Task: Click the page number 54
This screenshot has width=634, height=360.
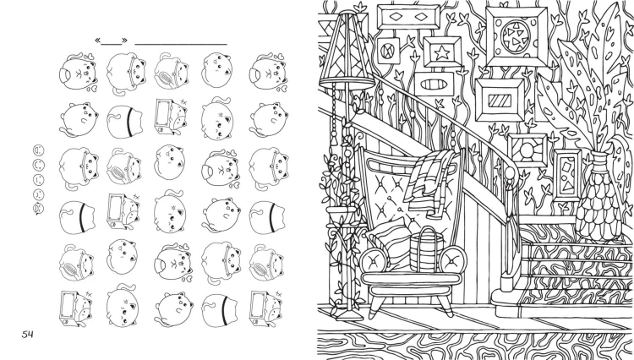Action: point(28,334)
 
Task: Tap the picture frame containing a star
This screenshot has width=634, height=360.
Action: point(442,52)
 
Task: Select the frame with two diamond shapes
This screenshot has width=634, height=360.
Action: point(408,17)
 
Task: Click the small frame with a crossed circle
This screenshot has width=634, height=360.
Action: point(388,51)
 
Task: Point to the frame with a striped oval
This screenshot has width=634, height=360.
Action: point(435,85)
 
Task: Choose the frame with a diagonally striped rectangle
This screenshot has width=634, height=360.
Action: point(500,100)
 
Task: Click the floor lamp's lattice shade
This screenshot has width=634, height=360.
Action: point(347,51)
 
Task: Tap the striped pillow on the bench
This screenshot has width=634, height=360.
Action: point(390,243)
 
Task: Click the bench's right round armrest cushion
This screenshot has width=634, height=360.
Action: point(452,259)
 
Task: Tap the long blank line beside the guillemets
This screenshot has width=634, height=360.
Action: point(181,44)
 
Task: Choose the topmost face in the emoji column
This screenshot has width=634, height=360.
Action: point(39,150)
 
